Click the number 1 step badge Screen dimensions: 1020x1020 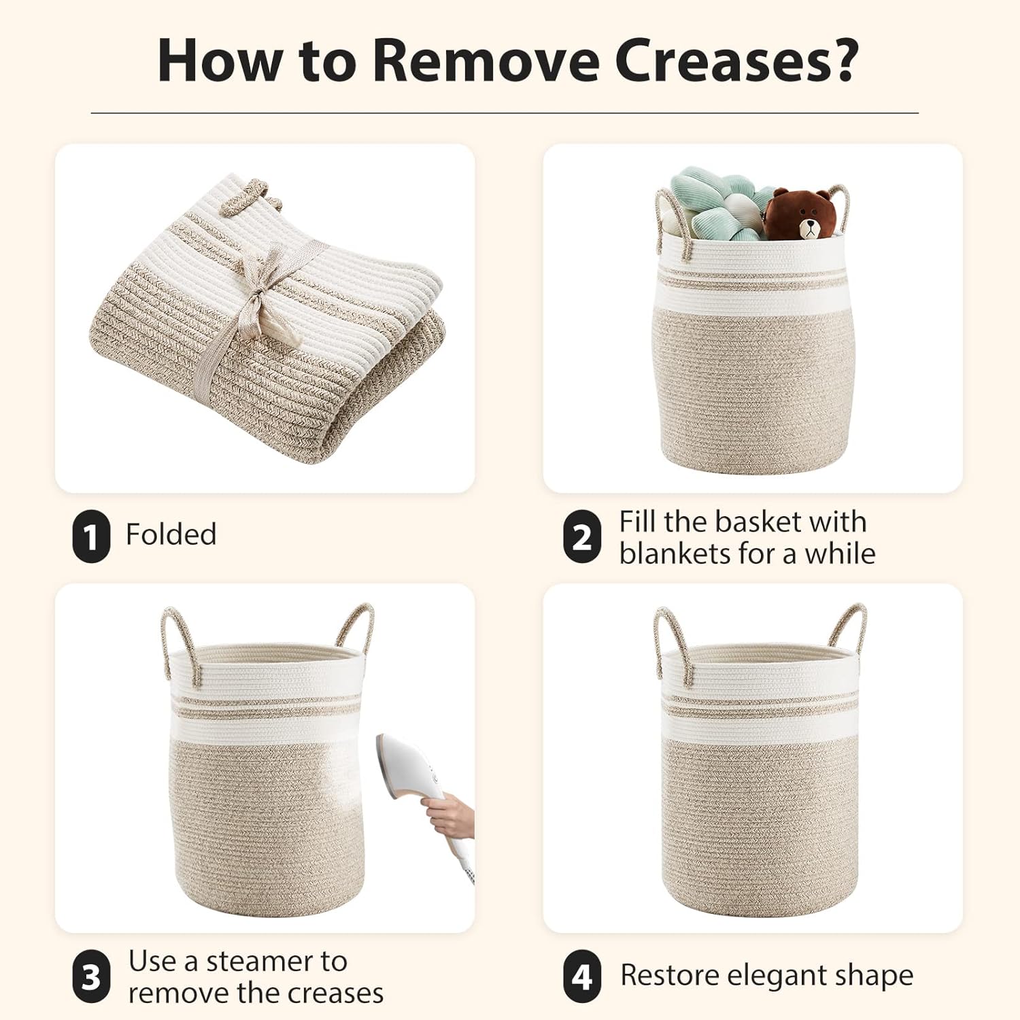(x=91, y=537)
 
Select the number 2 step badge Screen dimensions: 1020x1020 (x=582, y=537)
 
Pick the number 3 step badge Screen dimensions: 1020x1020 (x=91, y=977)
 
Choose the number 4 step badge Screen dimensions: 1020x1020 (x=582, y=977)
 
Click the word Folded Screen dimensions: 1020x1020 (x=171, y=534)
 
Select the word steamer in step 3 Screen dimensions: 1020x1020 (x=277, y=962)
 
